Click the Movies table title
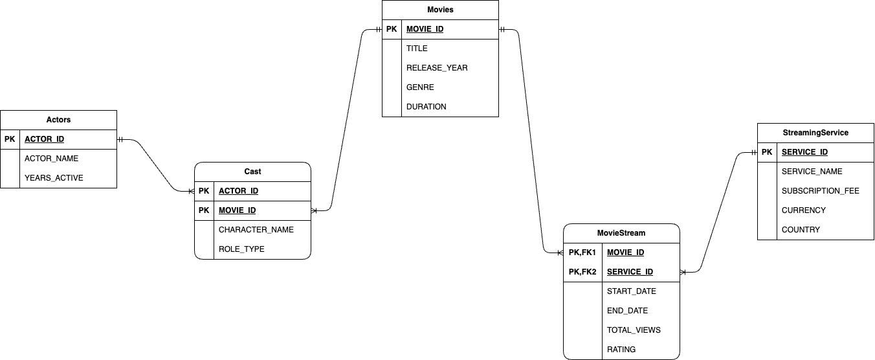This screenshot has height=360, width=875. pyautogui.click(x=440, y=10)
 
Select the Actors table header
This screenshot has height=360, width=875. pyautogui.click(x=58, y=120)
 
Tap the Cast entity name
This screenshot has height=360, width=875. pyautogui.click(x=252, y=172)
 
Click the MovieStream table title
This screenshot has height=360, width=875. pyautogui.click(x=621, y=233)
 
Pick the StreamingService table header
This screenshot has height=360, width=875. pyautogui.click(x=815, y=133)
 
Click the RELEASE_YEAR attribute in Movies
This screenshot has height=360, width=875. pyautogui.click(x=437, y=68)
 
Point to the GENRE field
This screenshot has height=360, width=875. pyautogui.click(x=420, y=87)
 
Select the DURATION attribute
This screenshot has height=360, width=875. pyautogui.click(x=426, y=107)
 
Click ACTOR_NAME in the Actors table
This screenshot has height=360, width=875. pyautogui.click(x=51, y=159)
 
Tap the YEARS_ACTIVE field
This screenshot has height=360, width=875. pyautogui.click(x=54, y=178)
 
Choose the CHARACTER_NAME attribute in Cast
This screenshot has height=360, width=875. pyautogui.click(x=256, y=230)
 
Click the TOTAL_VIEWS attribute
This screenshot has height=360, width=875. pyautogui.click(x=634, y=330)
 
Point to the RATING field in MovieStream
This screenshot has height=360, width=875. pyautogui.click(x=621, y=350)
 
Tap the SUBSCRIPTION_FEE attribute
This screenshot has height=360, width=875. pyautogui.click(x=821, y=191)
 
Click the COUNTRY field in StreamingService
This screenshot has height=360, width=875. pyautogui.click(x=801, y=230)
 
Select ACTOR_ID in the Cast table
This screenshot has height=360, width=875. pyautogui.click(x=238, y=191)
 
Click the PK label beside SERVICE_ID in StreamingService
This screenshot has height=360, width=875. pyautogui.click(x=767, y=152)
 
